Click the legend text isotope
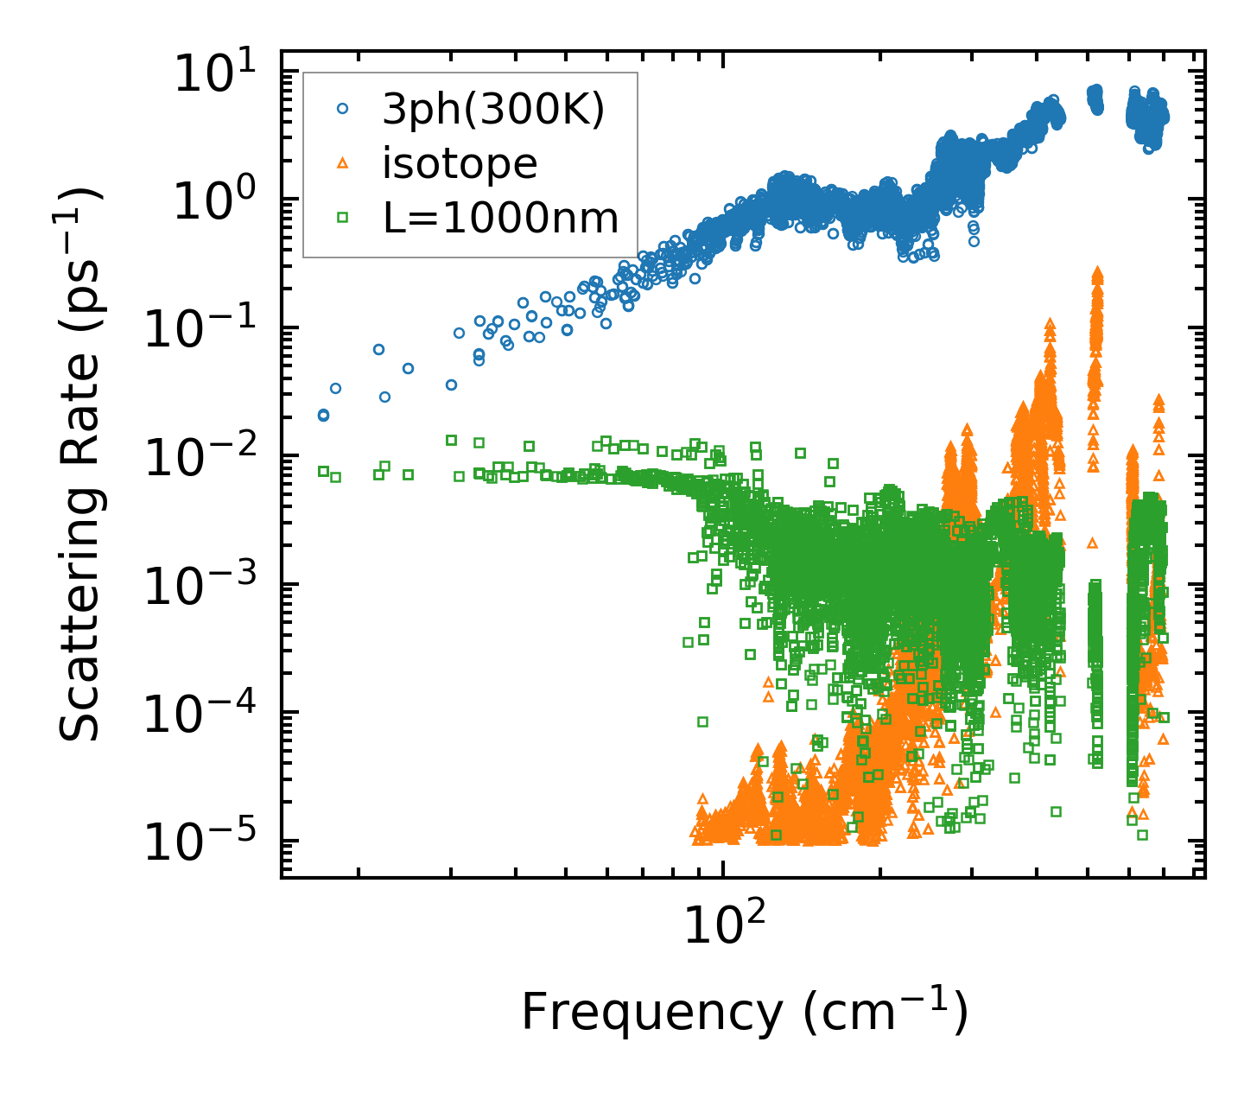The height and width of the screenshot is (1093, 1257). pyautogui.click(x=460, y=163)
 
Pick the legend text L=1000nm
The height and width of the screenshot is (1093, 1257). pyautogui.click(x=501, y=218)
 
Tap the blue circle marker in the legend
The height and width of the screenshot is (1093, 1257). pyautogui.click(x=343, y=109)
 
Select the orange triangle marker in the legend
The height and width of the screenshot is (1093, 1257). pyautogui.click(x=343, y=162)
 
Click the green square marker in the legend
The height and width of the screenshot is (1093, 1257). pyautogui.click(x=343, y=218)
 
